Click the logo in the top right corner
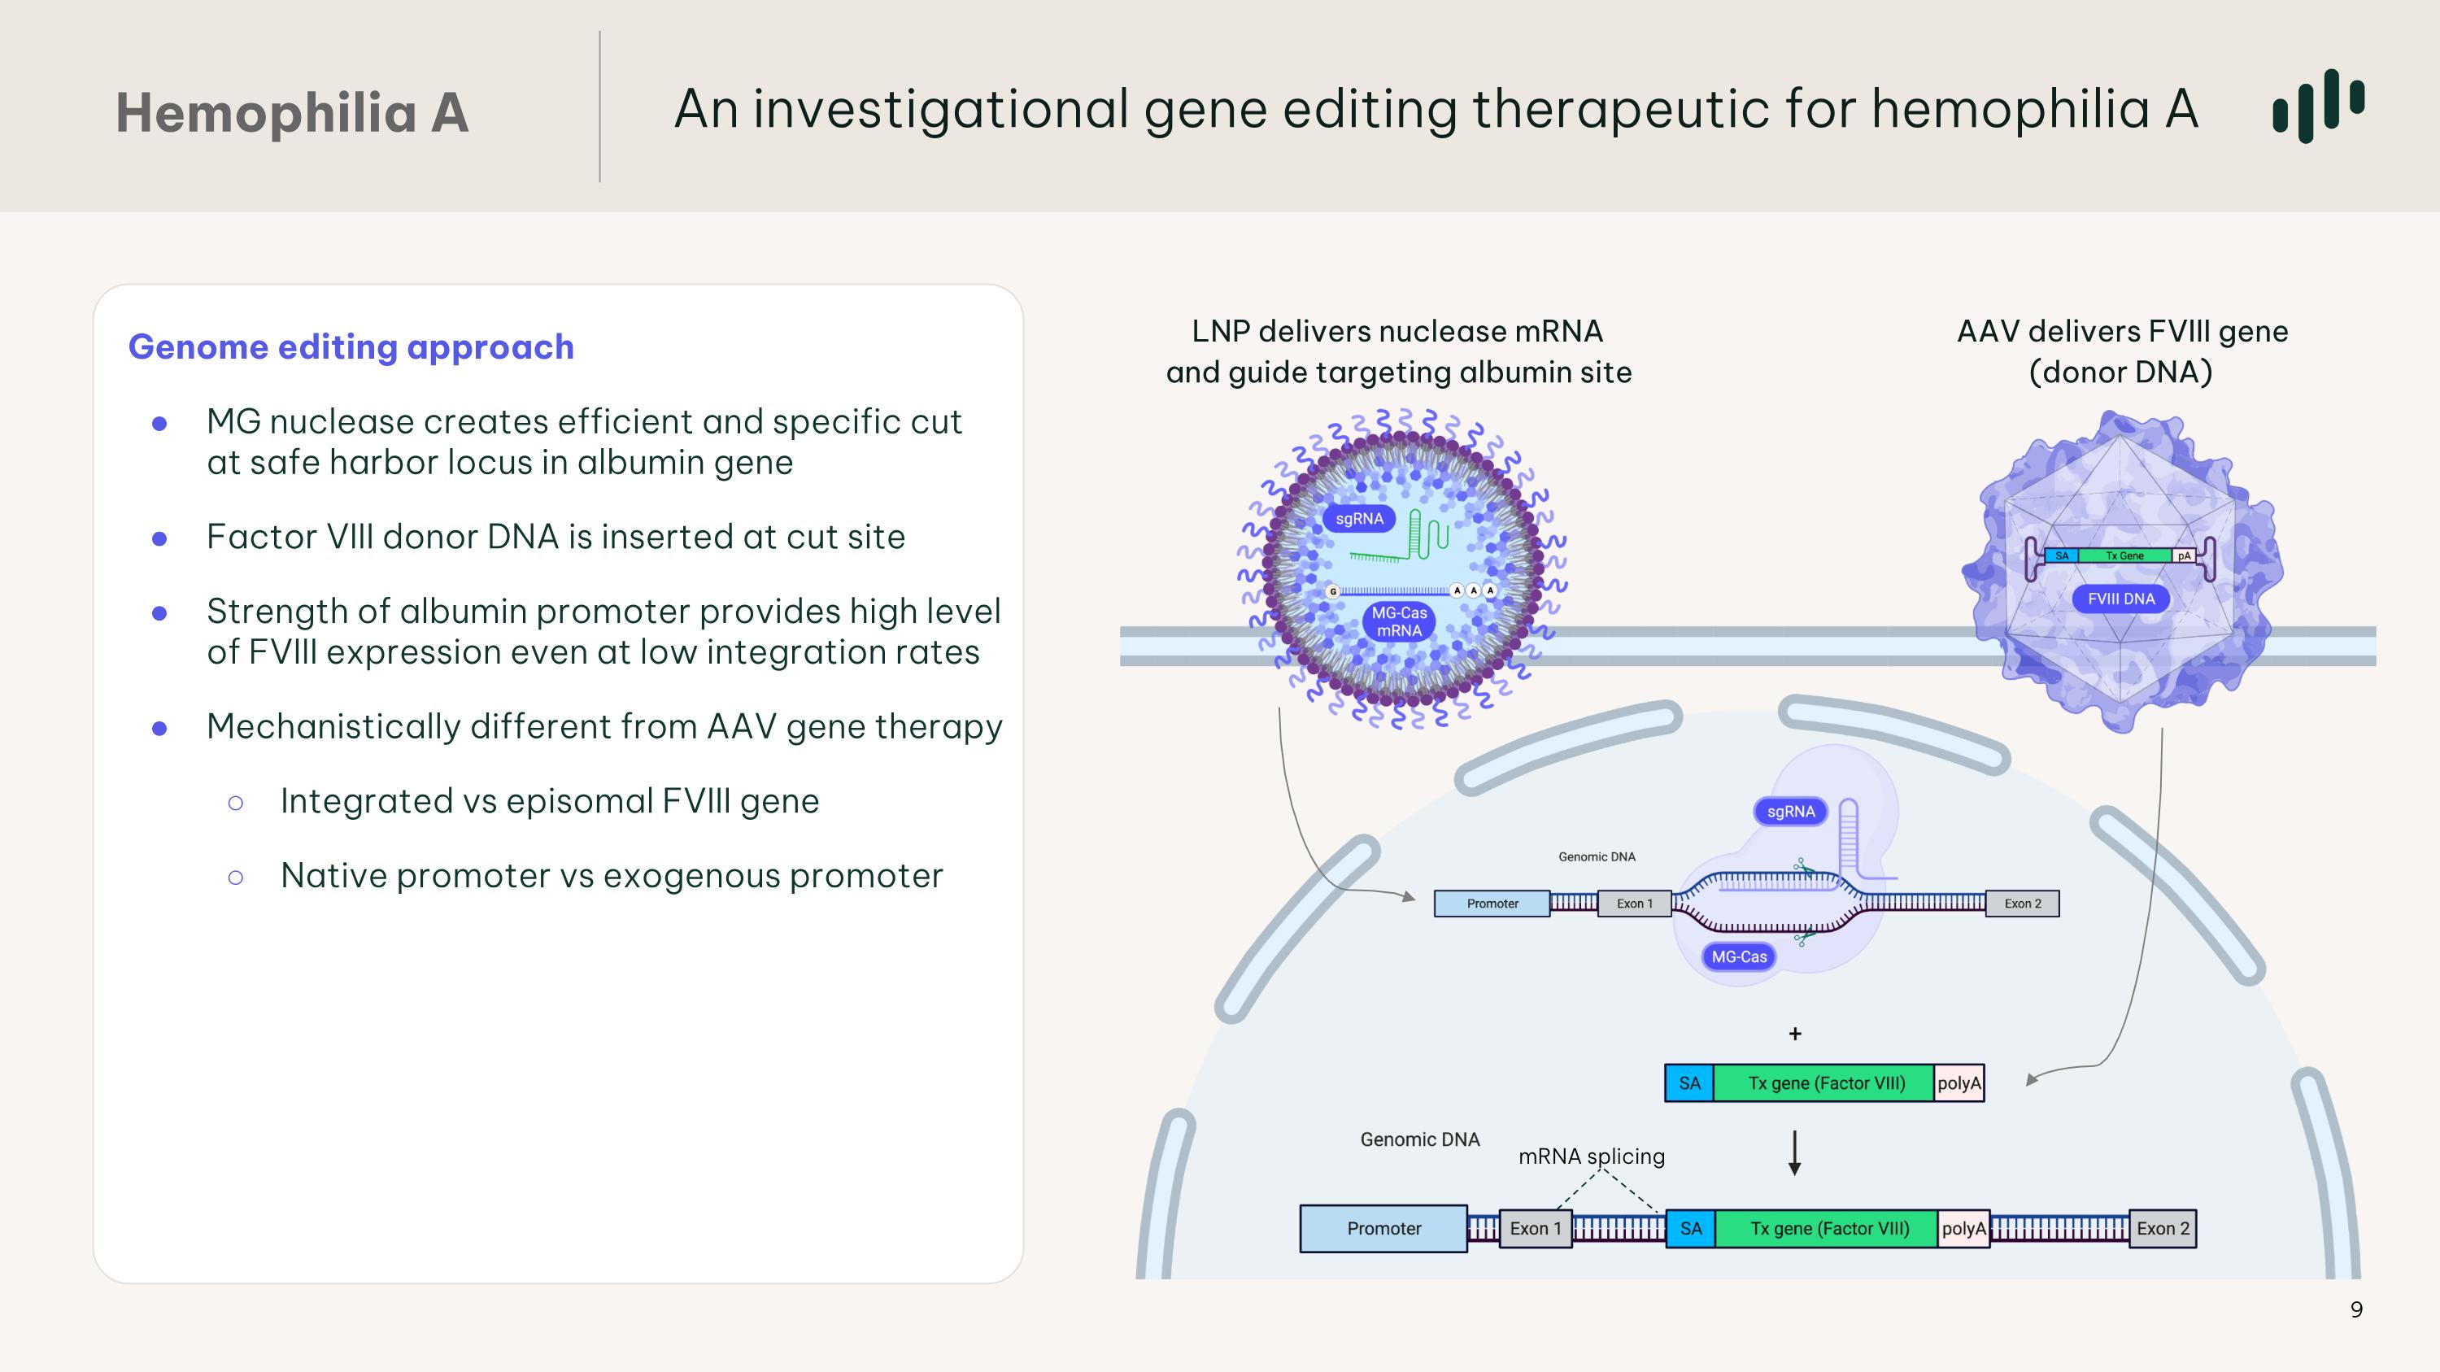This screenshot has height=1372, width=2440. pyautogui.click(x=2318, y=105)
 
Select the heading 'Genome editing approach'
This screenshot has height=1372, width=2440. pyautogui.click(x=351, y=346)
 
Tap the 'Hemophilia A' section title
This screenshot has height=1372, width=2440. pyautogui.click(x=292, y=113)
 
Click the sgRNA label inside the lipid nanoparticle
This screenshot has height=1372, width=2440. pyautogui.click(x=1359, y=519)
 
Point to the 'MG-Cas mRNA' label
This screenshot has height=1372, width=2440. pyautogui.click(x=1399, y=622)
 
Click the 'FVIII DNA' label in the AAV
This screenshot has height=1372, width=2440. pyautogui.click(x=2121, y=599)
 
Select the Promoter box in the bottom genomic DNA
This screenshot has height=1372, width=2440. pyautogui.click(x=1383, y=1229)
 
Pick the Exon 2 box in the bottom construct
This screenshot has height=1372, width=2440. pyautogui.click(x=2163, y=1229)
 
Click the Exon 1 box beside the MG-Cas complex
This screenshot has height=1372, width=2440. pyautogui.click(x=1634, y=904)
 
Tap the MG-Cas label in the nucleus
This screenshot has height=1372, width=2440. pyautogui.click(x=1739, y=957)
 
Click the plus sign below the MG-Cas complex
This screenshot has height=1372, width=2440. pyautogui.click(x=1795, y=1034)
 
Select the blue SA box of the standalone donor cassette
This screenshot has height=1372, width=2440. pyautogui.click(x=1688, y=1083)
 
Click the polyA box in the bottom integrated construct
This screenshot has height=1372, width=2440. pyautogui.click(x=1963, y=1229)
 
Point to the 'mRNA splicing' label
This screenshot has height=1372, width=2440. pyautogui.click(x=1592, y=1156)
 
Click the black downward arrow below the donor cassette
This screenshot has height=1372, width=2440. pyautogui.click(x=1794, y=1152)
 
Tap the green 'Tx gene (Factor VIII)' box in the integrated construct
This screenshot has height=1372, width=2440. pyautogui.click(x=1826, y=1229)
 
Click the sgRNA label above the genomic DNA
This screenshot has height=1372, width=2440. pyautogui.click(x=1790, y=812)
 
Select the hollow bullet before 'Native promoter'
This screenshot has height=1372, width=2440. pyautogui.click(x=236, y=878)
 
